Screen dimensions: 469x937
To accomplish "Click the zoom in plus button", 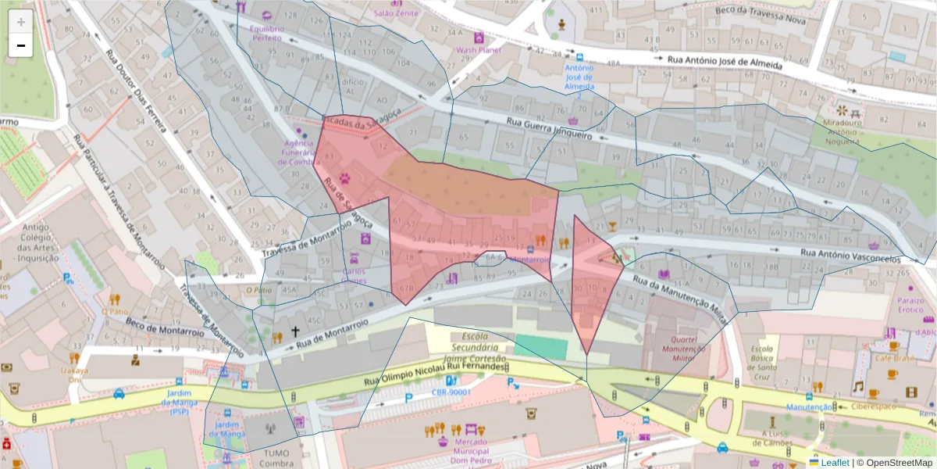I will tap(21, 21).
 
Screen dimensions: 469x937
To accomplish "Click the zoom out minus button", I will tap(21, 45).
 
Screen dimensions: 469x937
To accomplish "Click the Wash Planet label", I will tap(478, 52).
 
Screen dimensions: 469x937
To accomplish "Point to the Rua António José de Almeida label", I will tap(722, 63).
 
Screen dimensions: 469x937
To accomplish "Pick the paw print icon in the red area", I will tap(344, 179).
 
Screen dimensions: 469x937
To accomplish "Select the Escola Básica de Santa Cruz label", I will tap(766, 359).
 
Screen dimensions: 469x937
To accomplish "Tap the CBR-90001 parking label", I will tap(449, 392).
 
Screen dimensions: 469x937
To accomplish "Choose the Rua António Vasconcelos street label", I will tap(851, 256).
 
